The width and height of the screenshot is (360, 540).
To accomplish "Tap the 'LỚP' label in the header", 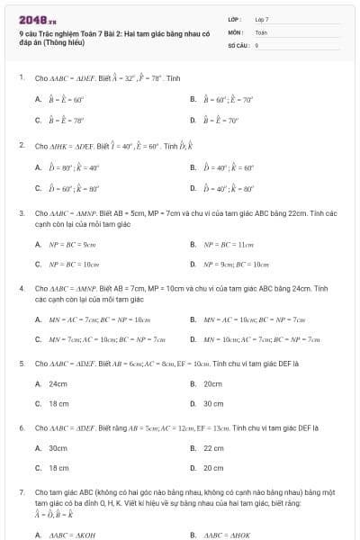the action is tap(234, 18).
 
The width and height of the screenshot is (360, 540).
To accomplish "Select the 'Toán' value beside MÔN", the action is tap(261, 31).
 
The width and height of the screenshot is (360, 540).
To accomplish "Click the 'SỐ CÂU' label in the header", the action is tap(238, 44).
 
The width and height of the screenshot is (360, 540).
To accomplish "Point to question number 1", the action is tap(21, 76).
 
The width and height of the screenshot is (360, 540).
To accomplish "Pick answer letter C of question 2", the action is tap(38, 188).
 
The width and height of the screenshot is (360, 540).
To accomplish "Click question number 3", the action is tap(21, 213).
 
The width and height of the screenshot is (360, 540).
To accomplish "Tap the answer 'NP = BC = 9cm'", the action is tap(74, 243).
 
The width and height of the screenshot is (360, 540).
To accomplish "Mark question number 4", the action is tap(21, 288).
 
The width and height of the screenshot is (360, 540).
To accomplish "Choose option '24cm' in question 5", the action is tap(58, 383).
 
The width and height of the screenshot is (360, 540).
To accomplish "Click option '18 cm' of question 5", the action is tap(59, 403).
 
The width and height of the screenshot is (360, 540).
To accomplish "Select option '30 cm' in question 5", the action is tap(213, 403).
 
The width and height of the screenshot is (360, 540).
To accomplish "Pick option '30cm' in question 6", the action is tap(58, 447).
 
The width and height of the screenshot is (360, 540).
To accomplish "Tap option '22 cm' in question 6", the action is tap(213, 447).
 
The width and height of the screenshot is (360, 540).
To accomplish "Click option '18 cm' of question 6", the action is tap(59, 468).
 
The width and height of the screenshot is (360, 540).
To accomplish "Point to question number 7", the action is tap(21, 493).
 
